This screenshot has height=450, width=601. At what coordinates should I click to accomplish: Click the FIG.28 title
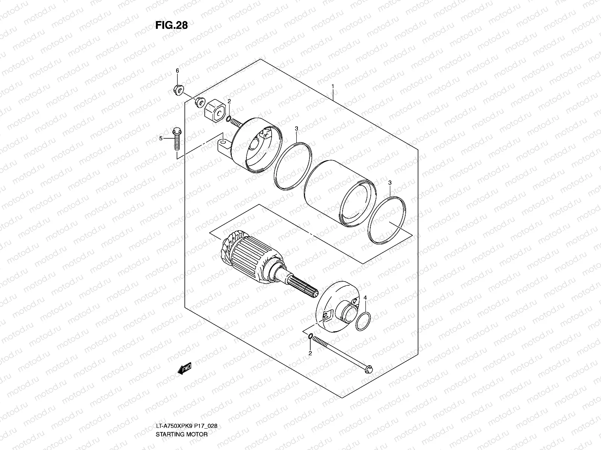click(x=171, y=25)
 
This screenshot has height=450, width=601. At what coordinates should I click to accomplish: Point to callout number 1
click(x=332, y=87)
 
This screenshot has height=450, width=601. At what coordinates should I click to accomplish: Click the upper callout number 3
click(x=296, y=129)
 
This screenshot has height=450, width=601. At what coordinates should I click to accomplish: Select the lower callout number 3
click(x=390, y=182)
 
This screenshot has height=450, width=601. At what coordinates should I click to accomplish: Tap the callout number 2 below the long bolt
click(x=310, y=353)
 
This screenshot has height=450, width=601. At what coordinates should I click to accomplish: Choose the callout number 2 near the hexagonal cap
click(x=229, y=112)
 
